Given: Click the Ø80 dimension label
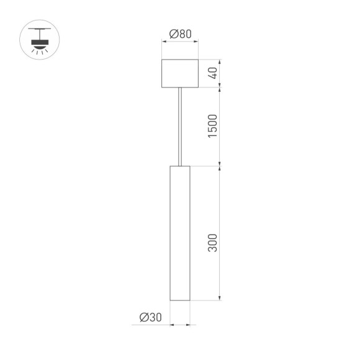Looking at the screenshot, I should coord(180,34).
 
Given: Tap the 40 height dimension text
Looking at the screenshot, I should coord(212,73).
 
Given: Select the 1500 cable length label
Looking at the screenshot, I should coord(212,127).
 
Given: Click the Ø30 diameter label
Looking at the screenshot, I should coord(151,318).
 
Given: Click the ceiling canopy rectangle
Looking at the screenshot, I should coord(180,73).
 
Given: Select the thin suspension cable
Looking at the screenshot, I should coord(180,127).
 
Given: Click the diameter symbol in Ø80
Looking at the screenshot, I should coord(173,34).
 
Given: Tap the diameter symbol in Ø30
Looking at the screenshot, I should coord(143,318).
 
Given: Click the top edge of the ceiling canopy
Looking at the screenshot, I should coord(180,60).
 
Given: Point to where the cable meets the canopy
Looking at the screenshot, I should coord(180,88).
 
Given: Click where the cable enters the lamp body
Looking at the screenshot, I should coord(180,166).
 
